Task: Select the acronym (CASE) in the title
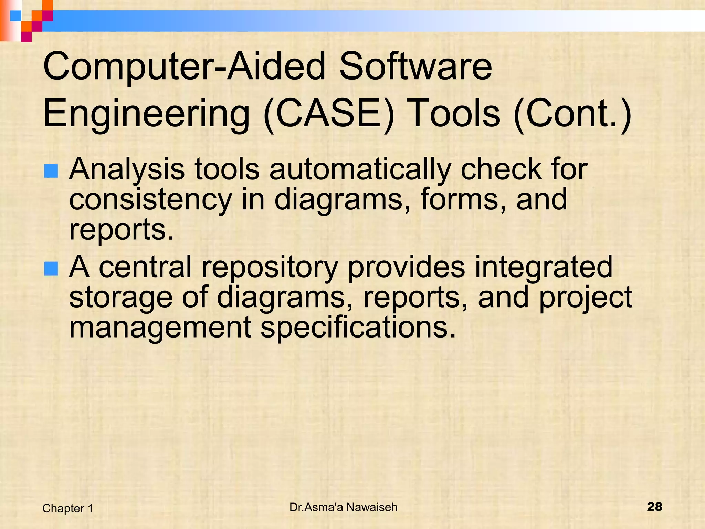(329, 114)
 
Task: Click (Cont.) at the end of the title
(572, 114)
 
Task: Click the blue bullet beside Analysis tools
(51, 171)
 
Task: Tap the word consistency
(150, 200)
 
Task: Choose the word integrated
(544, 268)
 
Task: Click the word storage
(120, 298)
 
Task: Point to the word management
(160, 328)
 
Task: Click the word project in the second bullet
(585, 298)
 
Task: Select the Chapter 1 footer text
(68, 508)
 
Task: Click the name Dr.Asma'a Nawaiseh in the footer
(343, 507)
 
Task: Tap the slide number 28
(654, 507)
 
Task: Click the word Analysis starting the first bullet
(127, 170)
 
